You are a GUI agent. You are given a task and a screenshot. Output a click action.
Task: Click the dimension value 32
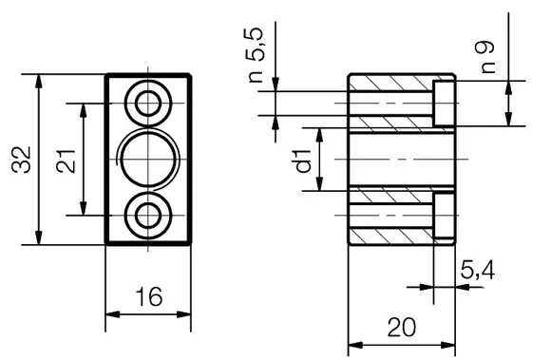tap(22, 158)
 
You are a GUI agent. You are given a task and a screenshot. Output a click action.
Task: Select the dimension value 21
tap(66, 158)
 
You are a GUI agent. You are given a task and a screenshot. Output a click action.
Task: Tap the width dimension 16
tap(148, 297)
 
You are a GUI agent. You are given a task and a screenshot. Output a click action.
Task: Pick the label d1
tap(303, 161)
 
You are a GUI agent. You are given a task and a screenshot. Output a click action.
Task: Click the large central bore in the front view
tap(148, 159)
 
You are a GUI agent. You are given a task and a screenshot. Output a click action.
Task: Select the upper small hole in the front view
tap(148, 102)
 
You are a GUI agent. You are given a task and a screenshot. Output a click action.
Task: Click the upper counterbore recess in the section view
tap(444, 104)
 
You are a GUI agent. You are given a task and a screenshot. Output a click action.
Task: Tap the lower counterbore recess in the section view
tap(444, 215)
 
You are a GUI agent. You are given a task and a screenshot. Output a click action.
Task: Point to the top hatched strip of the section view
tap(389, 83)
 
